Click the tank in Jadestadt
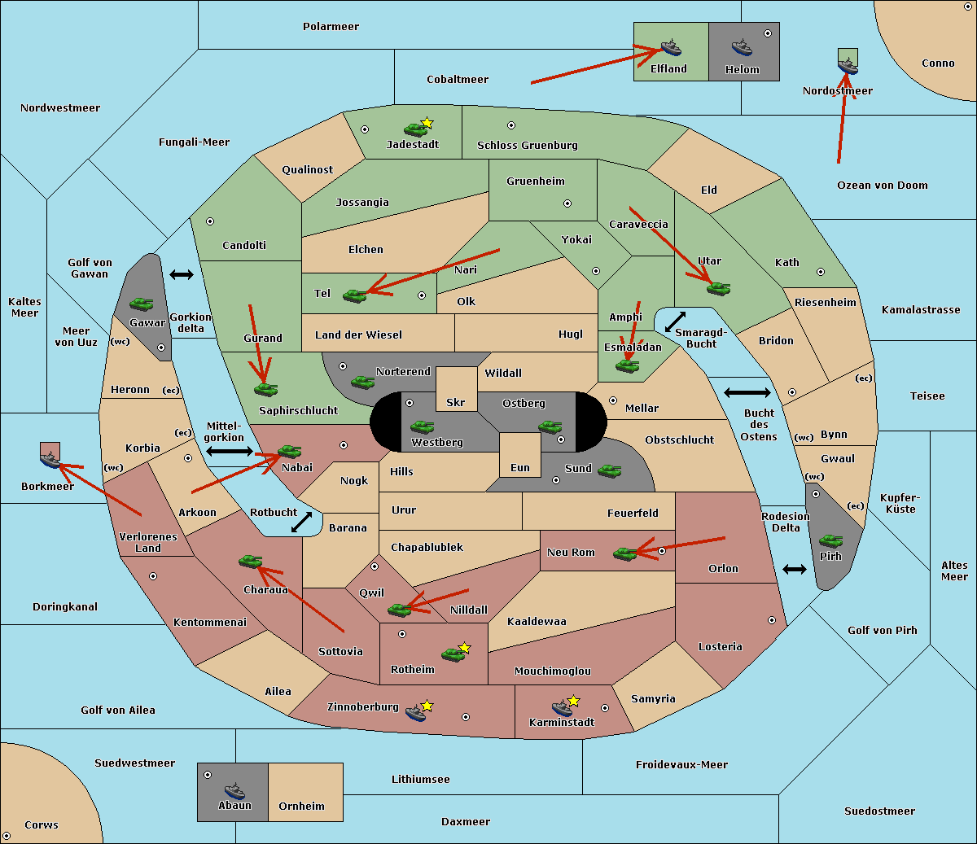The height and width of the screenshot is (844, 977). (x=416, y=129)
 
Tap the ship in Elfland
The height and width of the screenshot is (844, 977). (x=670, y=46)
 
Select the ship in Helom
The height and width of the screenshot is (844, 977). (x=741, y=46)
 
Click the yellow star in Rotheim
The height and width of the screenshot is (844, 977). (x=465, y=648)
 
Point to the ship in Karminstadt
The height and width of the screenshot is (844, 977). (x=562, y=707)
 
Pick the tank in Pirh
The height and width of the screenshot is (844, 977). (x=830, y=541)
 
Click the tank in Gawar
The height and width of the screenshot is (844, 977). (x=142, y=304)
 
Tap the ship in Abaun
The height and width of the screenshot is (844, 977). (x=234, y=790)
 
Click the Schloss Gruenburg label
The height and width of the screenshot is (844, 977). (x=527, y=146)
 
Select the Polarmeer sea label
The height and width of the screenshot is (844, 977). (x=331, y=27)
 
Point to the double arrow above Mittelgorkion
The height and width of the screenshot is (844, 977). (x=230, y=451)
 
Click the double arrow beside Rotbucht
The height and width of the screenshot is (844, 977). (x=302, y=522)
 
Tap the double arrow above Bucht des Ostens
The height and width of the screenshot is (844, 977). (x=747, y=393)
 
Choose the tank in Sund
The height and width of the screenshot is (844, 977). (x=610, y=470)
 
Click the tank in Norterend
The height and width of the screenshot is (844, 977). (x=363, y=381)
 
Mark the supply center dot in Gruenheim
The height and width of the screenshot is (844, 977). (x=567, y=203)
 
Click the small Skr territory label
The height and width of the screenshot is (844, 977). (x=455, y=402)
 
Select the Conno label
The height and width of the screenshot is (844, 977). (x=938, y=63)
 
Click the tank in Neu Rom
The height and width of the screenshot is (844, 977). (x=625, y=553)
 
